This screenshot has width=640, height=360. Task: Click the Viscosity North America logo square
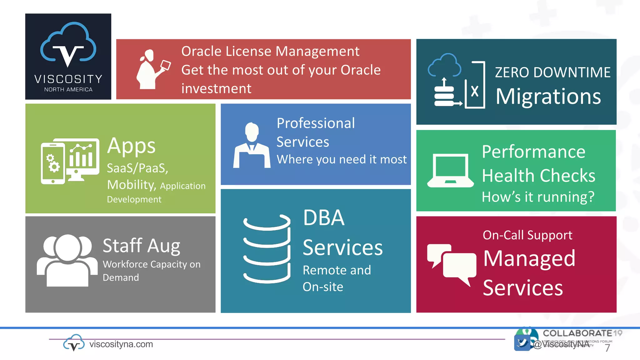pos(68,57)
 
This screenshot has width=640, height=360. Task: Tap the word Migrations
pos(548,97)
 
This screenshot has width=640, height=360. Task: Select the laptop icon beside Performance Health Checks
pos(450,171)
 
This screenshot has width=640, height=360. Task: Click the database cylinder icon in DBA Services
pos(267,249)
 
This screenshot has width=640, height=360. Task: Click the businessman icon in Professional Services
pos(252,146)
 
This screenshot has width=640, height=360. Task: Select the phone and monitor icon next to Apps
pos(70,161)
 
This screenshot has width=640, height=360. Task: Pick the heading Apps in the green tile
pos(131,146)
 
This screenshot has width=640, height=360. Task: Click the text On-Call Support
pos(527,235)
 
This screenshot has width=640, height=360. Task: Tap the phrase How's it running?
pos(538,197)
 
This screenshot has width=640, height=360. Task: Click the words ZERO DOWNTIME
pos(552,72)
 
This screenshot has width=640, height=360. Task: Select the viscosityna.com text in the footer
pos(121,344)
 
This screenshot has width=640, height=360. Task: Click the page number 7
pos(607,348)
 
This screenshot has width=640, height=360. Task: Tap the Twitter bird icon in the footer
pos(522,343)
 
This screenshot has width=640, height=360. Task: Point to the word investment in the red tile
pos(216,89)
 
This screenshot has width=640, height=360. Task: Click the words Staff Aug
pos(141,246)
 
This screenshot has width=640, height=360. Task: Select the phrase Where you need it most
pos(342,159)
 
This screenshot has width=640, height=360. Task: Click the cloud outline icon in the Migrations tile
pos(444,65)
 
